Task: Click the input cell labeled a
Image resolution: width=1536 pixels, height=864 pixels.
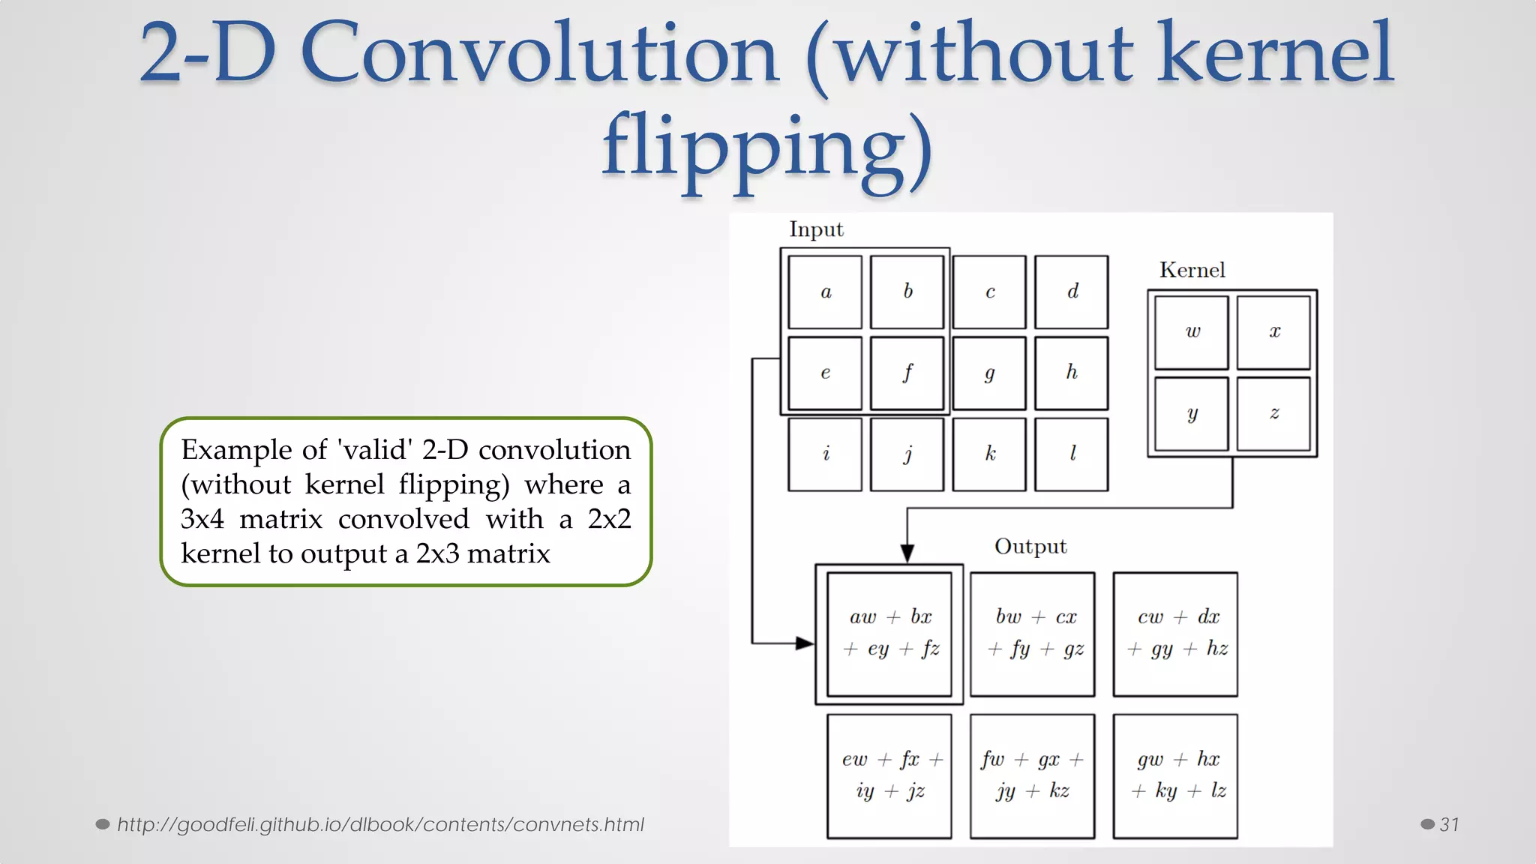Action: pyautogui.click(x=825, y=292)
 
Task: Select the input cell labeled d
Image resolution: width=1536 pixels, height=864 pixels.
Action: pyautogui.click(x=1071, y=292)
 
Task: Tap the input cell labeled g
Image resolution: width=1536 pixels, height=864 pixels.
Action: pyautogui.click(x=989, y=373)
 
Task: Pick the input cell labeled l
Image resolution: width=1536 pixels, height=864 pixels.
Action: pyautogui.click(x=1071, y=454)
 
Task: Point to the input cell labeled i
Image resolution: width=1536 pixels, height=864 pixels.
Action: pyautogui.click(x=825, y=454)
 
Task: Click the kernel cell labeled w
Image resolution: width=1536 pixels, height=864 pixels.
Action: pyautogui.click(x=1192, y=332)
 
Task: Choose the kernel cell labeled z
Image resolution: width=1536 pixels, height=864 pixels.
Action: pyautogui.click(x=1273, y=413)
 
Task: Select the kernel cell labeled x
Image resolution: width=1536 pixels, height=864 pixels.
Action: pyautogui.click(x=1273, y=332)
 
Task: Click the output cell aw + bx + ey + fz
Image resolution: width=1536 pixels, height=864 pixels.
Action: pyautogui.click(x=889, y=634)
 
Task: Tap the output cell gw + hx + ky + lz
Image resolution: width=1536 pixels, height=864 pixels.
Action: pyautogui.click(x=1175, y=775)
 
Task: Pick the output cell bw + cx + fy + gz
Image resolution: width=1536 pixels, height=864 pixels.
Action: pyautogui.click(x=1033, y=634)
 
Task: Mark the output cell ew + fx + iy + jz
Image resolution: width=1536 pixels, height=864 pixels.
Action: pyautogui.click(x=889, y=775)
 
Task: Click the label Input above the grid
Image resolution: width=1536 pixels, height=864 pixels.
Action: pyautogui.click(x=816, y=229)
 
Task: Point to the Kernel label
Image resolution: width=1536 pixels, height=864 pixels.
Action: pyautogui.click(x=1192, y=270)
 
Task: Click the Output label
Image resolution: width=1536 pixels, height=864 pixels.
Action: pyautogui.click(x=1030, y=546)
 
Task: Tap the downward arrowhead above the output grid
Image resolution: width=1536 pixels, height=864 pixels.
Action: pyautogui.click(x=907, y=553)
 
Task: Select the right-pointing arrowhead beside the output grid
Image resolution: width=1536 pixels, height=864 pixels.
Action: pyautogui.click(x=804, y=643)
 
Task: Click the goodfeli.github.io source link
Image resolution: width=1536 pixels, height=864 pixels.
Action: pyautogui.click(x=380, y=824)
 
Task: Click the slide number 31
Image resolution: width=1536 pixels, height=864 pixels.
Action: pyautogui.click(x=1449, y=824)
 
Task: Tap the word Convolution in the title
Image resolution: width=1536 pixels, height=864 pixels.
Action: pyautogui.click(x=540, y=54)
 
